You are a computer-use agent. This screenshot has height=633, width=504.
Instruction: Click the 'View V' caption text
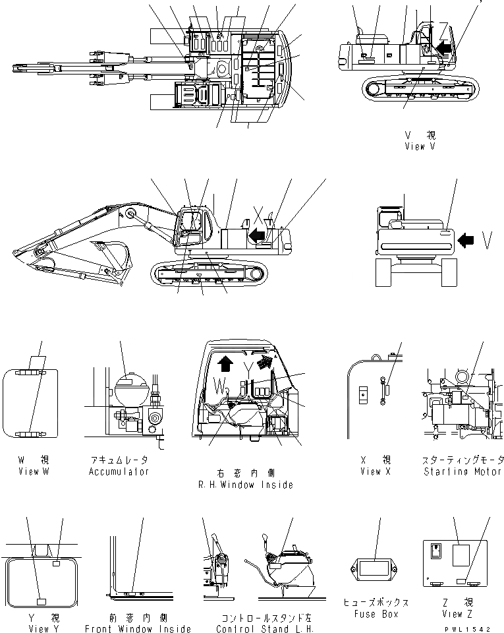click(420, 146)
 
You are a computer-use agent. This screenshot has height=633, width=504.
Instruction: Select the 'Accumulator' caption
click(119, 471)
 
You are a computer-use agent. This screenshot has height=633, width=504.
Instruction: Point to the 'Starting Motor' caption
click(463, 471)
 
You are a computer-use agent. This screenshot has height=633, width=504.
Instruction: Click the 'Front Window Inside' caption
click(138, 629)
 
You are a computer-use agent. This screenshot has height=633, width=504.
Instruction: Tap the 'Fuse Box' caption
click(376, 615)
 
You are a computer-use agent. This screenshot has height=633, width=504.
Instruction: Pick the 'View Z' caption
click(460, 615)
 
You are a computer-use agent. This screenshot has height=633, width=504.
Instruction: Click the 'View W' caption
click(33, 471)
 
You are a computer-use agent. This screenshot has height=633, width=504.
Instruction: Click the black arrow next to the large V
click(465, 241)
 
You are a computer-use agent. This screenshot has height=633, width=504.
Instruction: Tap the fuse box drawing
click(376, 568)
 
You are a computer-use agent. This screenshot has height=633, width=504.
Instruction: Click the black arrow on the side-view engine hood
click(257, 234)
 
